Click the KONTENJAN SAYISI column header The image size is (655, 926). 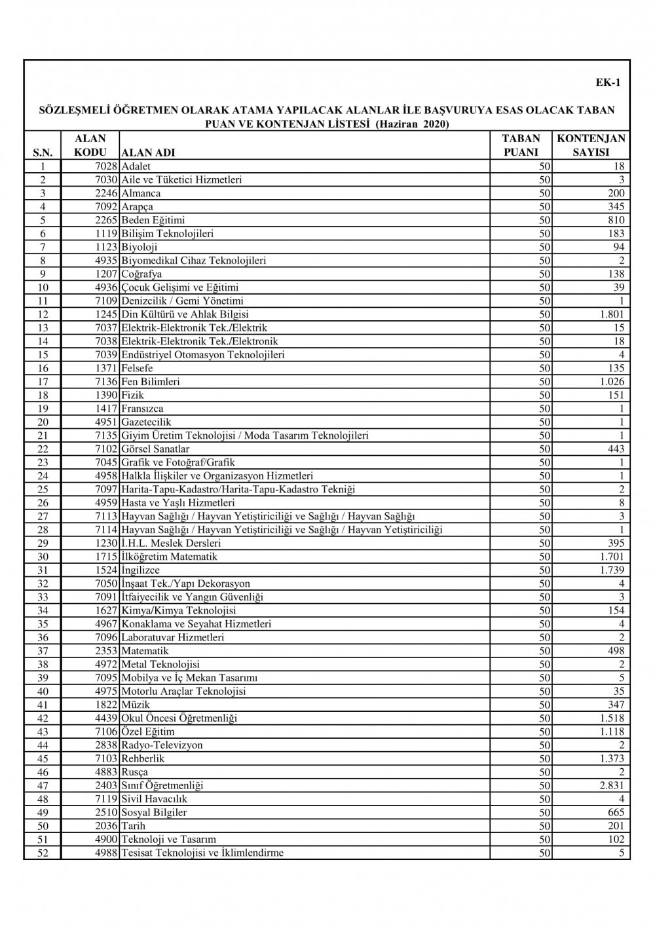click(591, 145)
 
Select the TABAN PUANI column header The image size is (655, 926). click(521, 145)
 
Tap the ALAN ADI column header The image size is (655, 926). click(149, 153)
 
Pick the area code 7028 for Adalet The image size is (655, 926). click(106, 166)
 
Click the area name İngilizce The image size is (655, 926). click(140, 570)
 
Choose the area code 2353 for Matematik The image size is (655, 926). click(106, 651)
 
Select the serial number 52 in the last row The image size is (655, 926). click(44, 853)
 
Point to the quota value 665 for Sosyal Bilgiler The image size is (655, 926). click(615, 813)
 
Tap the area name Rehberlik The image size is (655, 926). click(143, 758)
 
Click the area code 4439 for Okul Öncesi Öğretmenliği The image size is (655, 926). click(106, 718)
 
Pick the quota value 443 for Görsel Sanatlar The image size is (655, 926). click(615, 449)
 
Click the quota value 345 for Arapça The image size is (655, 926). click(615, 207)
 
